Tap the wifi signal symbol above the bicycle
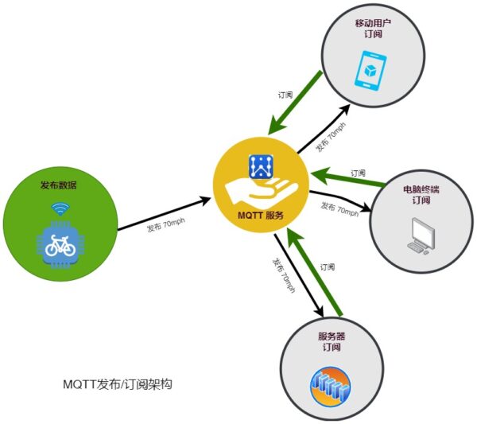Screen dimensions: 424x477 click(x=60, y=210)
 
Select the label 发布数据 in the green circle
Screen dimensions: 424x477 click(x=60, y=185)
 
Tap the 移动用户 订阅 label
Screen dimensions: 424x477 click(x=374, y=29)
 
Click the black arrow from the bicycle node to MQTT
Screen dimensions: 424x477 click(x=165, y=214)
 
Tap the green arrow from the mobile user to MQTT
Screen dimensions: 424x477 click(x=296, y=102)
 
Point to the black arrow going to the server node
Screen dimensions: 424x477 click(x=301, y=274)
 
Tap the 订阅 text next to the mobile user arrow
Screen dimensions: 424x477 click(x=285, y=95)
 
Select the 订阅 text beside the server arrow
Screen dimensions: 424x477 click(x=327, y=267)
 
